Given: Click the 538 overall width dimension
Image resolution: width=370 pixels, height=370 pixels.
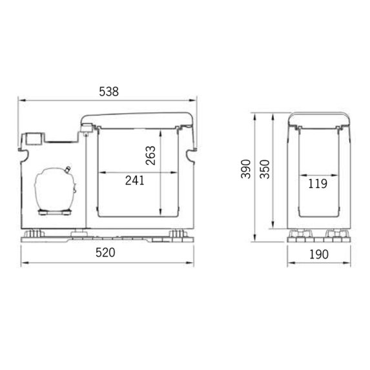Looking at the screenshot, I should click(109, 92).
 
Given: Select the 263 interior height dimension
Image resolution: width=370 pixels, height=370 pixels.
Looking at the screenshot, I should click(150, 155).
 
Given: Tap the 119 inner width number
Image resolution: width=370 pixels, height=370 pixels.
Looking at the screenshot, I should click(318, 183).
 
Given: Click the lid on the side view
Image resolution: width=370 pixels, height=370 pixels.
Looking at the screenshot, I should click(318, 118).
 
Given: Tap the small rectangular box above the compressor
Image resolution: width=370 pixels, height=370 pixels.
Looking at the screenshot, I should click(34, 138).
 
